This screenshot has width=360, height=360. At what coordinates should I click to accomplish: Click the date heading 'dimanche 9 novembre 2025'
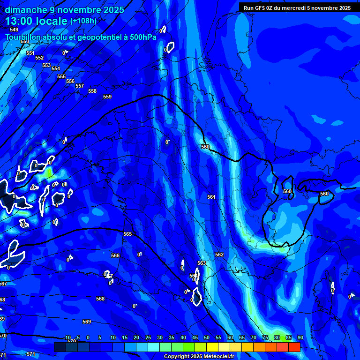coord(65,10)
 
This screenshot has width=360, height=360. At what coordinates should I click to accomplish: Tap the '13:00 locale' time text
coord(36,21)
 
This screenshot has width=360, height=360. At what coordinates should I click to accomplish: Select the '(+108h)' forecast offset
coord(83,21)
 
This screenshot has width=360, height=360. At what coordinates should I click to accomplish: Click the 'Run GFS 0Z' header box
coord(297,8)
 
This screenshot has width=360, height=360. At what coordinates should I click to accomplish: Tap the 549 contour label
coord(14,30)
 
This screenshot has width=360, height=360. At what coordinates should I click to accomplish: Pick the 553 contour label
coord(46,65)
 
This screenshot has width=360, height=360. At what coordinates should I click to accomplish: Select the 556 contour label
coord(70,81)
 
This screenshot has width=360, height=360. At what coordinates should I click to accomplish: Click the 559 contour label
coord(107,97)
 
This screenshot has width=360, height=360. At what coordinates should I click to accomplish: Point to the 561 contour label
coord(211,197)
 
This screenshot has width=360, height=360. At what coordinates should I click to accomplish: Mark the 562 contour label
coord(219,255)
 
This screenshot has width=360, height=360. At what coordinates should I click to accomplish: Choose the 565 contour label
coord(127,234)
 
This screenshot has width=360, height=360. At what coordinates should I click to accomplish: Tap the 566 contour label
coord(115,255)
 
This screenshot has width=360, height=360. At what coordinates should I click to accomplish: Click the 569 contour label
coord(86,322)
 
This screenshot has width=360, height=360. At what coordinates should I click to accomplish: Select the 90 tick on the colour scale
coord(300,337)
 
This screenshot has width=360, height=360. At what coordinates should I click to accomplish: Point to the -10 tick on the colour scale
coord(67,337)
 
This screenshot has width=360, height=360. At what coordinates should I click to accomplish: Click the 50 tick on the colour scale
coord(207,337)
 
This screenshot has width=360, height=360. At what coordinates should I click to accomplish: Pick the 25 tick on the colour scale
coord(148,337)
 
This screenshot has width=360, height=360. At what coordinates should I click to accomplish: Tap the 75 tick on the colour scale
coord(265,337)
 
